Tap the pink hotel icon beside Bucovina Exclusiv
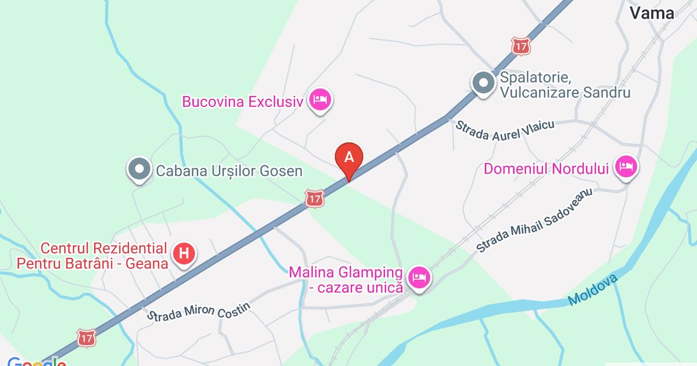tap(319, 101)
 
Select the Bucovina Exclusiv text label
tap(243, 102)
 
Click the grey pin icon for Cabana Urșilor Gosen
tap(139, 170)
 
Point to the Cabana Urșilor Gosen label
tap(229, 171)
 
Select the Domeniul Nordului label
tap(546, 169)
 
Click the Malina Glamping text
tap(346, 272)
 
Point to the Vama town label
tap(653, 13)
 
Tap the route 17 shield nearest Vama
tap(521, 46)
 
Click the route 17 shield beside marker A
tap(314, 198)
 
